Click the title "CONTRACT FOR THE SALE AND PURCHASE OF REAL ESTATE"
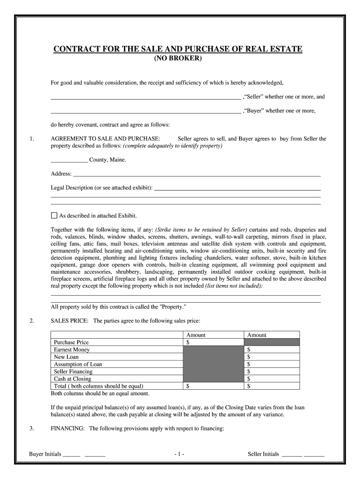178,49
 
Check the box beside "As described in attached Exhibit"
54,216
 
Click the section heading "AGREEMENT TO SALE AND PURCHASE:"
105,139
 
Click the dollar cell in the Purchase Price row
213,342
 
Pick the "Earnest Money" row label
72,349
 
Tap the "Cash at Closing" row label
72,379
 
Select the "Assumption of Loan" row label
78,364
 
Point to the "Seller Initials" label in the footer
263,454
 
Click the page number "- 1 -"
179,454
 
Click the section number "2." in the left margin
31,321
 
